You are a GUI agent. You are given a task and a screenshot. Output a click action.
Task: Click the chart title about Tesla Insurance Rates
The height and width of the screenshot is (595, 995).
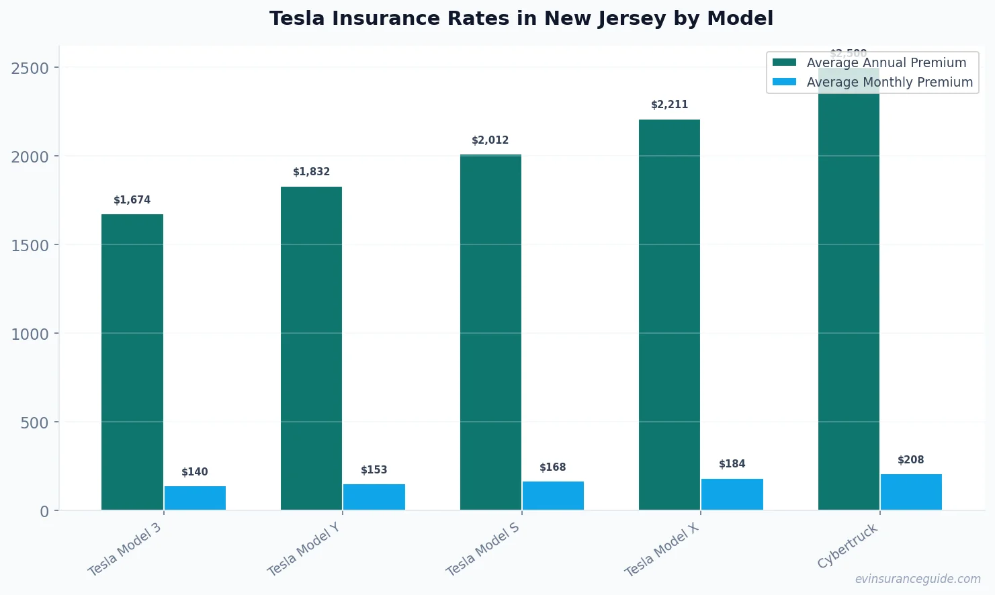tap(521, 18)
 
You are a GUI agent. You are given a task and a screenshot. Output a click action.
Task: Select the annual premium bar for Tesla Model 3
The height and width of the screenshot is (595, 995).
tap(132, 363)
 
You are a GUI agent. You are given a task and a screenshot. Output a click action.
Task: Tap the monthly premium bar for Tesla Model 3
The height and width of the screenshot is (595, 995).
tap(195, 498)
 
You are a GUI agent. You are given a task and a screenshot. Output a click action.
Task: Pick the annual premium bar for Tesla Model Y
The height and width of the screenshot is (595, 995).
tap(311, 349)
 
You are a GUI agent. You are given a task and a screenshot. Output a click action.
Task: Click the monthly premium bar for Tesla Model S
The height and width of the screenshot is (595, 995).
tap(553, 496)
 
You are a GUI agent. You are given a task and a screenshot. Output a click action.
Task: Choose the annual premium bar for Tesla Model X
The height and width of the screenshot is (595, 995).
tap(669, 316)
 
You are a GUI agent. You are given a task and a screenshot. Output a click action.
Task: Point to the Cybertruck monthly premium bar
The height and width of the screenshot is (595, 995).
tap(911, 492)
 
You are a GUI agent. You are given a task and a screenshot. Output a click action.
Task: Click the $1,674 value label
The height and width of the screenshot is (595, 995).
tap(132, 200)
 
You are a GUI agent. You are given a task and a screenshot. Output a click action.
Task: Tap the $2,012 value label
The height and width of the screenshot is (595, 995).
tap(490, 140)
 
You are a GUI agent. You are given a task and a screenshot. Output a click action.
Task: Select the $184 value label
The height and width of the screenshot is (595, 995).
tap(732, 464)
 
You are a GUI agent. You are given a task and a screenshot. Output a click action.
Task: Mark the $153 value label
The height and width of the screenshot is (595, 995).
tap(374, 470)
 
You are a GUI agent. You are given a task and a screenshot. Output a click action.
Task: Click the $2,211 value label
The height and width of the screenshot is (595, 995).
tap(669, 105)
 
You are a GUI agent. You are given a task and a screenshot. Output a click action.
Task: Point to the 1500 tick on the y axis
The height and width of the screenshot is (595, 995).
tap(30, 245)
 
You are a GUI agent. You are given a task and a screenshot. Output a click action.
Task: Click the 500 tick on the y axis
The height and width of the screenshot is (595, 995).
tap(35, 422)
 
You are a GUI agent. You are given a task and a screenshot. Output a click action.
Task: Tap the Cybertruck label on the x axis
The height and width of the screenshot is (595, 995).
tap(847, 546)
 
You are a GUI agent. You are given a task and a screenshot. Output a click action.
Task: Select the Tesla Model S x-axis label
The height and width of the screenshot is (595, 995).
tap(482, 549)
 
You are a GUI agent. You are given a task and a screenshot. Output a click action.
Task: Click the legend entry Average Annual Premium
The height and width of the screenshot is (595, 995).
tap(885, 62)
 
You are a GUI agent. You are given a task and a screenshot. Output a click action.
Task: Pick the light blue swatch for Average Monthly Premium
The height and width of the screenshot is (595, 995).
tap(784, 82)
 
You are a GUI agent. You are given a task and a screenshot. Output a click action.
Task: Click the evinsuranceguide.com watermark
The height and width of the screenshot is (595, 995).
tap(917, 579)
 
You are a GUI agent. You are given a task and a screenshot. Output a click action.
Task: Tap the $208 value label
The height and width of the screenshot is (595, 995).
tap(910, 460)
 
